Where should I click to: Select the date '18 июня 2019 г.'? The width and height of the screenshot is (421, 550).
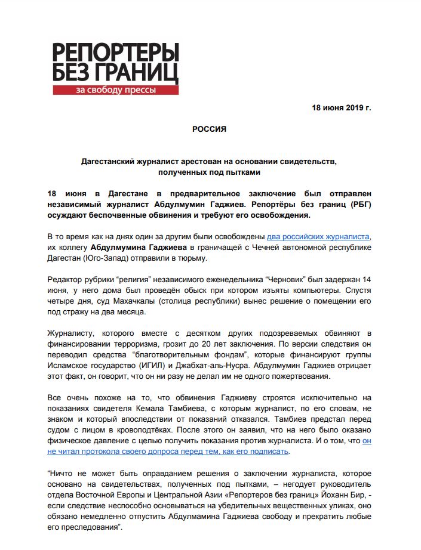(341, 108)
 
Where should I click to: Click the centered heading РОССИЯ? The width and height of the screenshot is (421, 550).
(209, 129)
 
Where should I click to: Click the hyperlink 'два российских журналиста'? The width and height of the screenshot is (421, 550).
(321, 236)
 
